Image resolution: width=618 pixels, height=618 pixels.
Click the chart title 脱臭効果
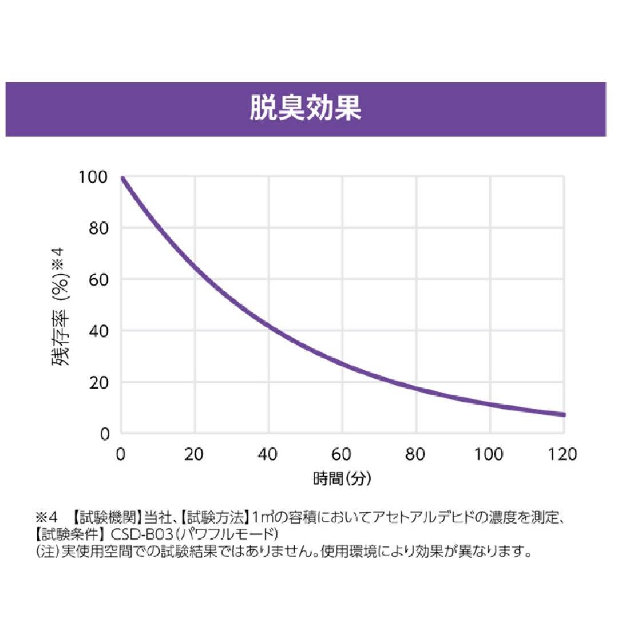(306, 109)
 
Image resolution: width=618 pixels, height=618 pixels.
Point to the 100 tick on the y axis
(93, 177)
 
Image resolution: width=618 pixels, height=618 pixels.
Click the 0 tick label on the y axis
(104, 434)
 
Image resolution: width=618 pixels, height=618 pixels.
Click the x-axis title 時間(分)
(342, 478)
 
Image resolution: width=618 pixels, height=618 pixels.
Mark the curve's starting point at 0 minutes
(122, 178)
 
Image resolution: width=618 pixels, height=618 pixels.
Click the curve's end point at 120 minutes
(564, 414)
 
